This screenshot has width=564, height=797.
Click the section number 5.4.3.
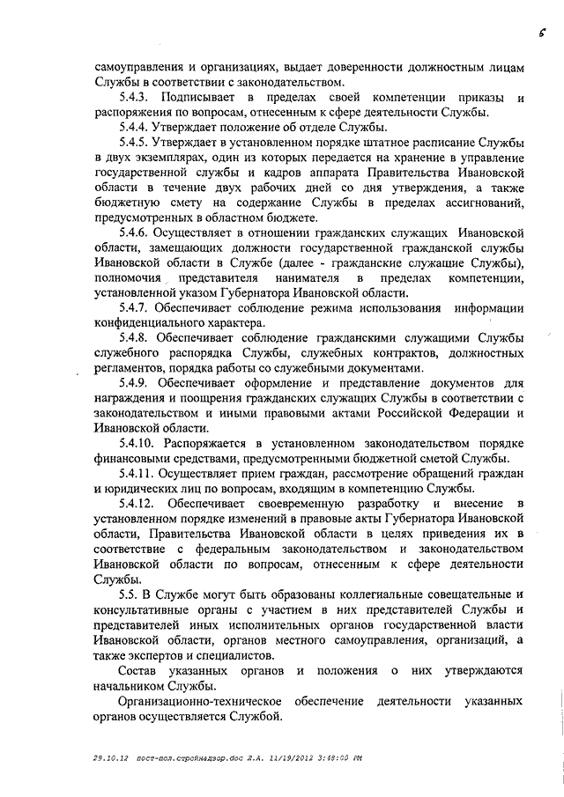[x=136, y=95]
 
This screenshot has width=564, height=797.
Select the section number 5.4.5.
[x=136, y=143]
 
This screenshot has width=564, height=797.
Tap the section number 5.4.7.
[x=136, y=307]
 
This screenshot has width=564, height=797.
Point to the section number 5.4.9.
[x=136, y=384]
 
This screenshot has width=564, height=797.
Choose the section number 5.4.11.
[x=139, y=474]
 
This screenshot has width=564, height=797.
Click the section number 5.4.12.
[x=139, y=502]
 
